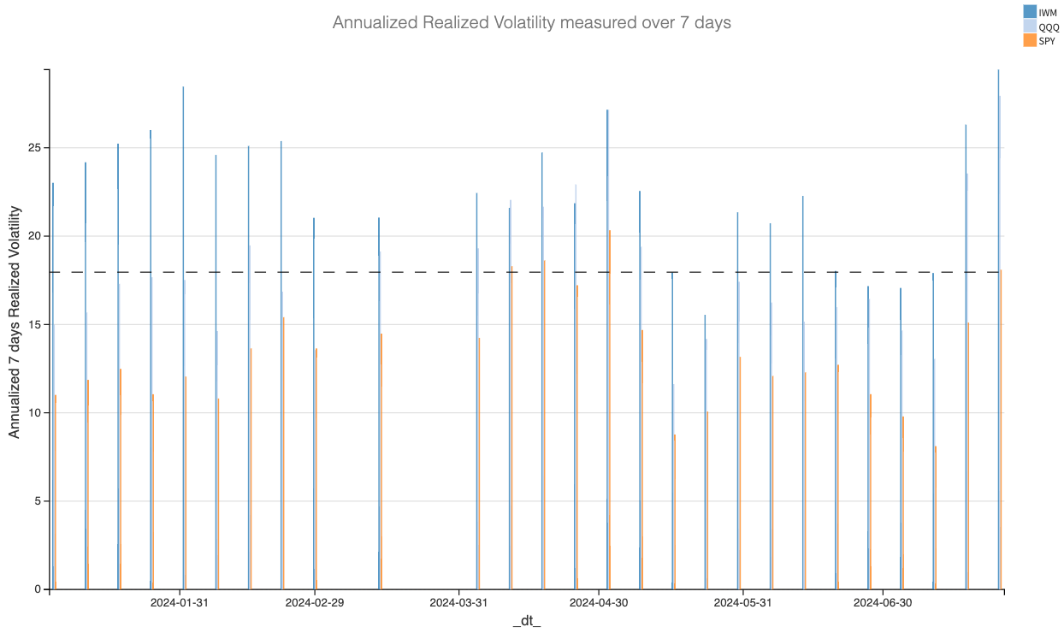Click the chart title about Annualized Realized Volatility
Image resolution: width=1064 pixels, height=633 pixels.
click(531, 23)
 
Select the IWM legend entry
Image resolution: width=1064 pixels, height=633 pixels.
click(1047, 12)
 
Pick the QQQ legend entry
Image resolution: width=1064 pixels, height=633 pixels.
click(1048, 27)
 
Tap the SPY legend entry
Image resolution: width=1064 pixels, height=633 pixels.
click(1047, 41)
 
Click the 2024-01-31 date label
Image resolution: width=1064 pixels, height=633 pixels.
click(180, 603)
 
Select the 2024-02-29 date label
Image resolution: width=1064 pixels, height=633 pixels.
click(314, 603)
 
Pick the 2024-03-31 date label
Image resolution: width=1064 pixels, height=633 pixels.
click(458, 603)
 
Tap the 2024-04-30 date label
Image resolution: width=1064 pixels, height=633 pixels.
click(599, 603)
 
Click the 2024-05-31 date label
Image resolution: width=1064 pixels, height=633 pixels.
click(742, 603)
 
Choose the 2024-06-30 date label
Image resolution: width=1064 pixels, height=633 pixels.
click(882, 603)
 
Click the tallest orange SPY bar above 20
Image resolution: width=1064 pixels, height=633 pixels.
click(609, 411)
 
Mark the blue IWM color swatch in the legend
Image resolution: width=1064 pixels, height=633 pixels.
click(1030, 12)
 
